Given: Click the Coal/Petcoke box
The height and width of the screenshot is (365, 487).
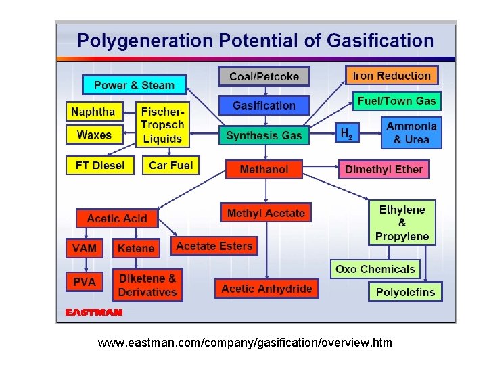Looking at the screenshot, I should pos(264,76).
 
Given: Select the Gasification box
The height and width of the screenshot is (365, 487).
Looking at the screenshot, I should pos(264,105).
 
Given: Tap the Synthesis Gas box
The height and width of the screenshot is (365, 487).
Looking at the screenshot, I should pos(264,135).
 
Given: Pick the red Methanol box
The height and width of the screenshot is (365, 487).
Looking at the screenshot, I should pos(264,169).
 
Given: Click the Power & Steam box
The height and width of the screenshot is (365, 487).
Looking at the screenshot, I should pos(134,85).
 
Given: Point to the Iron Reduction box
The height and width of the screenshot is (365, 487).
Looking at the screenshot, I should pos(392,75).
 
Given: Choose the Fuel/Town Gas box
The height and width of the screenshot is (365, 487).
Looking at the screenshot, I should pos(396,101).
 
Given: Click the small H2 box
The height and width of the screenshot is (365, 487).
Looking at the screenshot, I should pos(346,133).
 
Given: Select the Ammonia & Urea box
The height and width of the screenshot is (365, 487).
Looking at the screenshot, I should pos(411,133).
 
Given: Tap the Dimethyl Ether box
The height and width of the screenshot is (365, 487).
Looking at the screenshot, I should pos(384,169).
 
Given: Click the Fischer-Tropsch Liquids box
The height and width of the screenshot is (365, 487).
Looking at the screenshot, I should pos(162,125).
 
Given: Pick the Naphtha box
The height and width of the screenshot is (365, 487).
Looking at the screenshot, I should pos(93,112).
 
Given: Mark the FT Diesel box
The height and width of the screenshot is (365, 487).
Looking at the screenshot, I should pos(100,165).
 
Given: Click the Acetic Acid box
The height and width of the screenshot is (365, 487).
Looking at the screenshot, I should pos(117,218).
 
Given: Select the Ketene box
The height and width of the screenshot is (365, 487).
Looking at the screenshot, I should pos(136,248).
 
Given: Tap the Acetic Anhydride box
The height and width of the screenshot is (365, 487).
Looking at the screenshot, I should pos(266,289).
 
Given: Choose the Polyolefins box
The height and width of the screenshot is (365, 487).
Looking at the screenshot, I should pos(405,292).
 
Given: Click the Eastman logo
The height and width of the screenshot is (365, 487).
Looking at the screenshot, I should pos(93,312).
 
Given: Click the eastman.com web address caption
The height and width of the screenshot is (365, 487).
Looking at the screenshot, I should pos(244,343).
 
